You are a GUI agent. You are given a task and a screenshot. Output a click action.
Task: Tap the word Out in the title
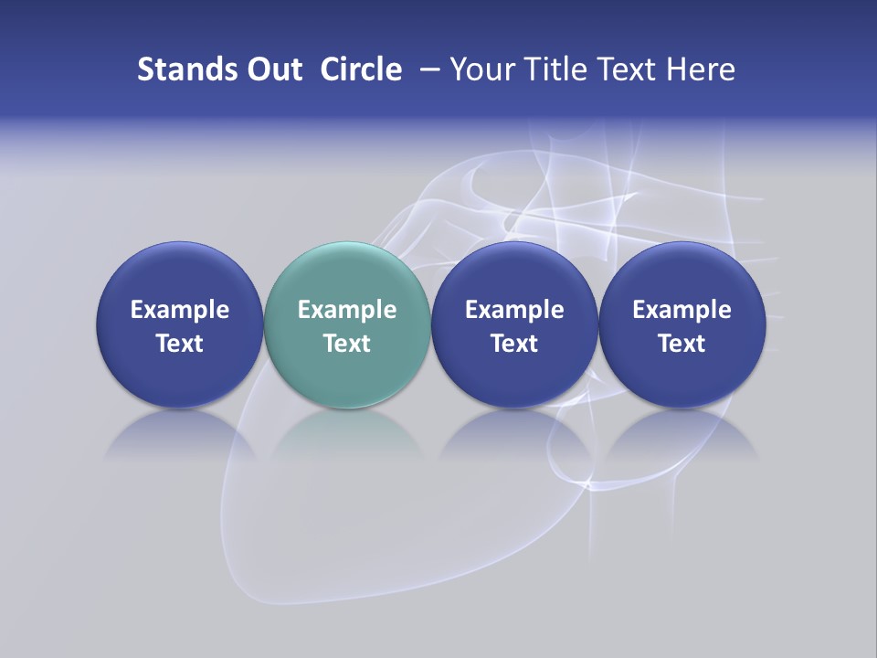point(272,69)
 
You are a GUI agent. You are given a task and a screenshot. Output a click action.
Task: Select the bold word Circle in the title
point(361,69)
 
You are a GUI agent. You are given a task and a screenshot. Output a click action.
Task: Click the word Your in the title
point(479,69)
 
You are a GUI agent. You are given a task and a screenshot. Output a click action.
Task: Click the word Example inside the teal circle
point(347,310)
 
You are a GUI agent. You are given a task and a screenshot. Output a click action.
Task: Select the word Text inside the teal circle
point(347,344)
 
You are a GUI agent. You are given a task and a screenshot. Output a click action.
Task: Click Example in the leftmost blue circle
point(180,310)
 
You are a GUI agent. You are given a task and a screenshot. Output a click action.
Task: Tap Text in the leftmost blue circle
point(180,344)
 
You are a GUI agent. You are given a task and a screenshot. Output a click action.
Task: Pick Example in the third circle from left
point(514,310)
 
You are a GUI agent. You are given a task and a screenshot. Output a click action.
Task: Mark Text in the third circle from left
point(514,344)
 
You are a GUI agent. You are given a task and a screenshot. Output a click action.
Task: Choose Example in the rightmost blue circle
point(682,310)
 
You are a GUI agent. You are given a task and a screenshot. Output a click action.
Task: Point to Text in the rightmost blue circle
point(682,344)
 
